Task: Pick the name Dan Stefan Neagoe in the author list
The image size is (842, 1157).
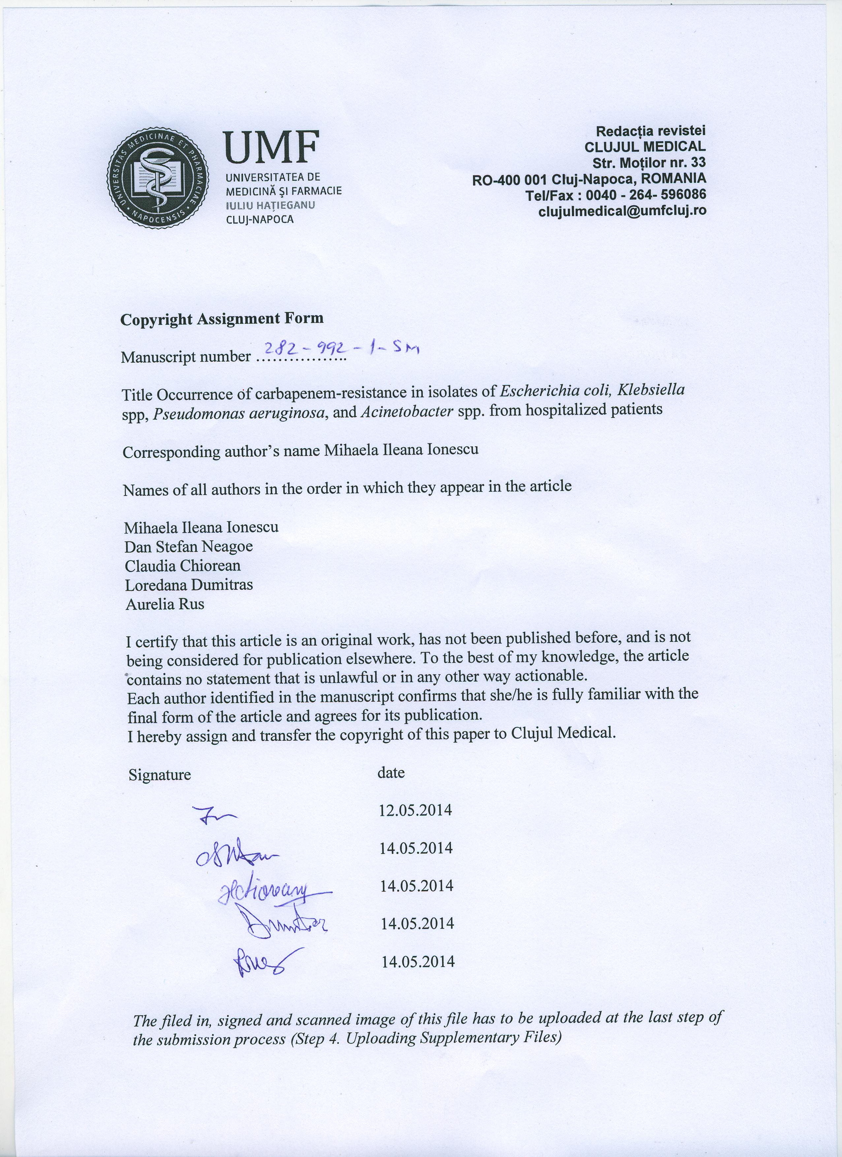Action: click(x=189, y=547)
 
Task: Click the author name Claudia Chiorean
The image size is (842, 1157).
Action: click(x=183, y=565)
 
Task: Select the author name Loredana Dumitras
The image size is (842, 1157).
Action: click(x=189, y=585)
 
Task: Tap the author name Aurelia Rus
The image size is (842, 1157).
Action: click(x=164, y=604)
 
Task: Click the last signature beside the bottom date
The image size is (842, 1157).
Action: click(x=267, y=962)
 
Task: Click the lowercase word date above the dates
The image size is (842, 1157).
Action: click(x=391, y=773)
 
